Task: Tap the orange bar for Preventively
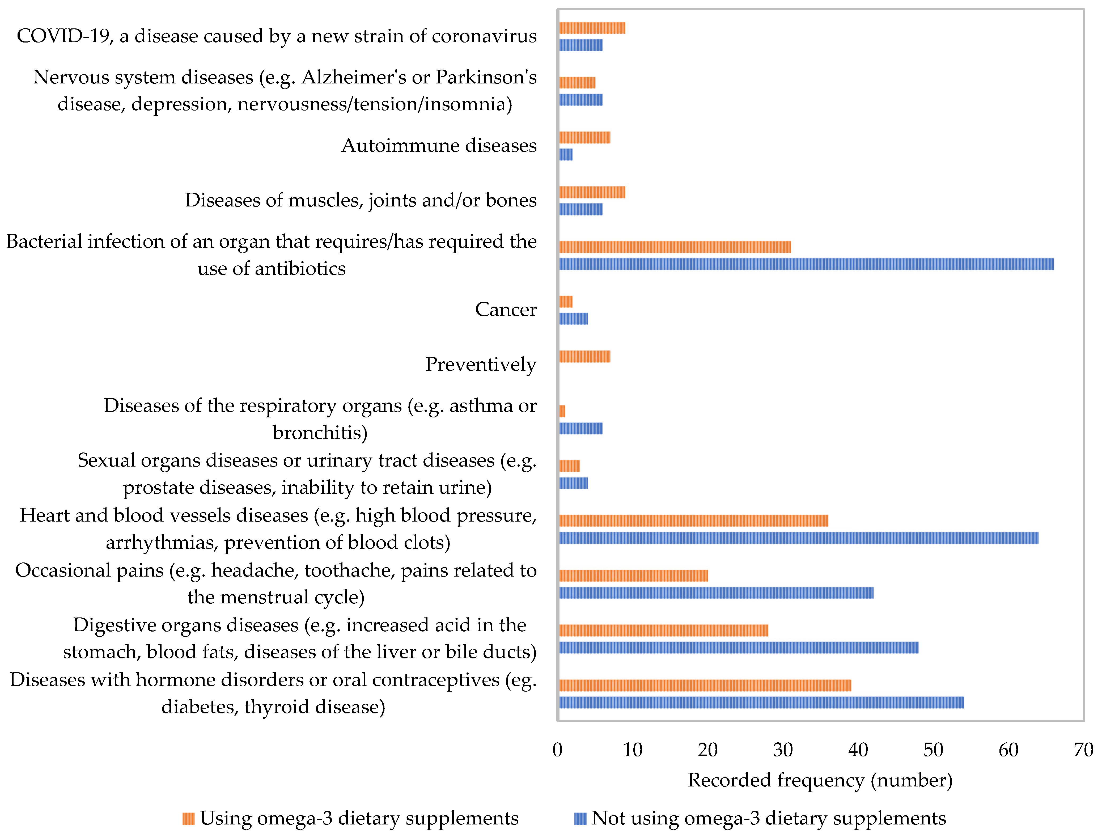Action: click(584, 356)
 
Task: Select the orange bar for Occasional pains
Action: click(633, 575)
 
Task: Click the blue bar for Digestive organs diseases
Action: click(739, 647)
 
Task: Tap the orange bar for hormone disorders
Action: click(705, 685)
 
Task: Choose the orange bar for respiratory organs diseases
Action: click(562, 411)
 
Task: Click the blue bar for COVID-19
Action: click(580, 45)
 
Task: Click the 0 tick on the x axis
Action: click(557, 750)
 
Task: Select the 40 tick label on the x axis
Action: click(858, 750)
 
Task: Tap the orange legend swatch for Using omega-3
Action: click(188, 819)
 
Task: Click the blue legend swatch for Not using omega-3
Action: click(580, 819)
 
